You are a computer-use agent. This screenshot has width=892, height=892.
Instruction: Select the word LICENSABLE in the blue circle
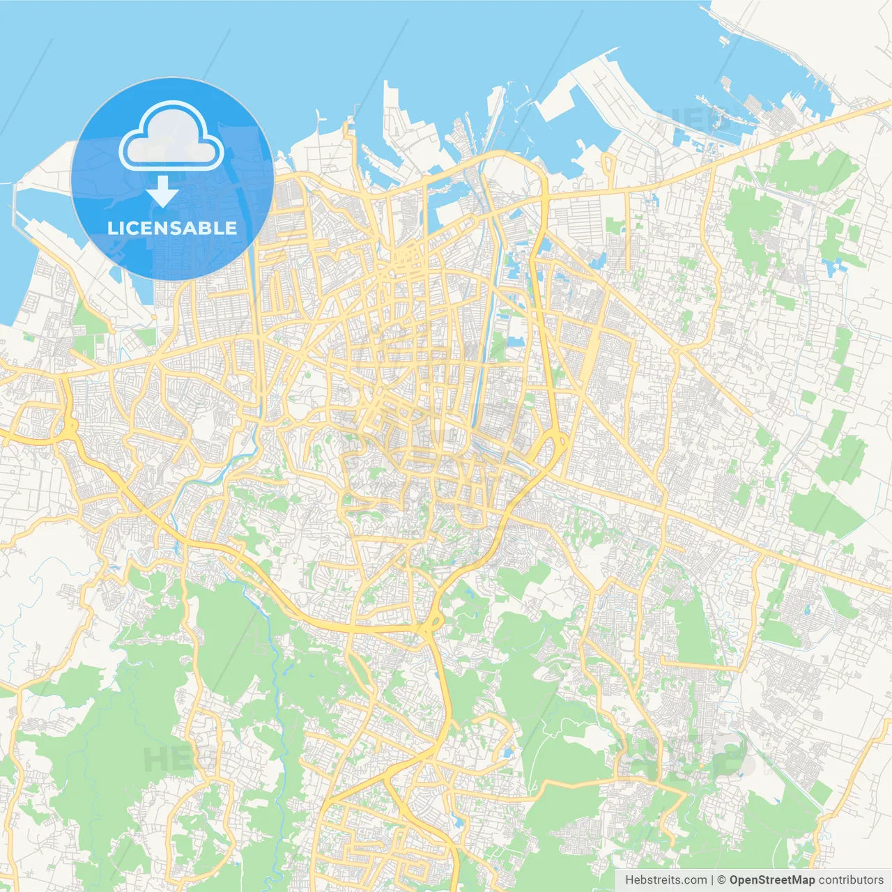click(172, 228)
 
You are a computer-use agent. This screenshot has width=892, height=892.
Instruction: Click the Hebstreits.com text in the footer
click(666, 880)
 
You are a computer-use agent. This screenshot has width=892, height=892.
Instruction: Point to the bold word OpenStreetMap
click(771, 880)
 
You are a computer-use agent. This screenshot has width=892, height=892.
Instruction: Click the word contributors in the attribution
click(851, 880)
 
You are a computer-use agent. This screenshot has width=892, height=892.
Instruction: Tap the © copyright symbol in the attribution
click(722, 880)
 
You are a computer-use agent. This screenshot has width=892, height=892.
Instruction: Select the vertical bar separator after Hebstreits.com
click(713, 880)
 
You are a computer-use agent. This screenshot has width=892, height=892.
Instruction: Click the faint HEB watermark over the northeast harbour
click(686, 122)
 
